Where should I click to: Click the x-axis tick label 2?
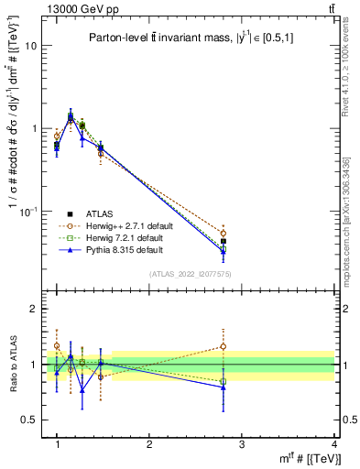149,444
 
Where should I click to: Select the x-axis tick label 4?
333,444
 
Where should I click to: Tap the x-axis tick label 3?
242,444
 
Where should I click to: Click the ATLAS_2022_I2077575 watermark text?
191,273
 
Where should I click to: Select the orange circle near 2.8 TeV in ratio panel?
224,346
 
